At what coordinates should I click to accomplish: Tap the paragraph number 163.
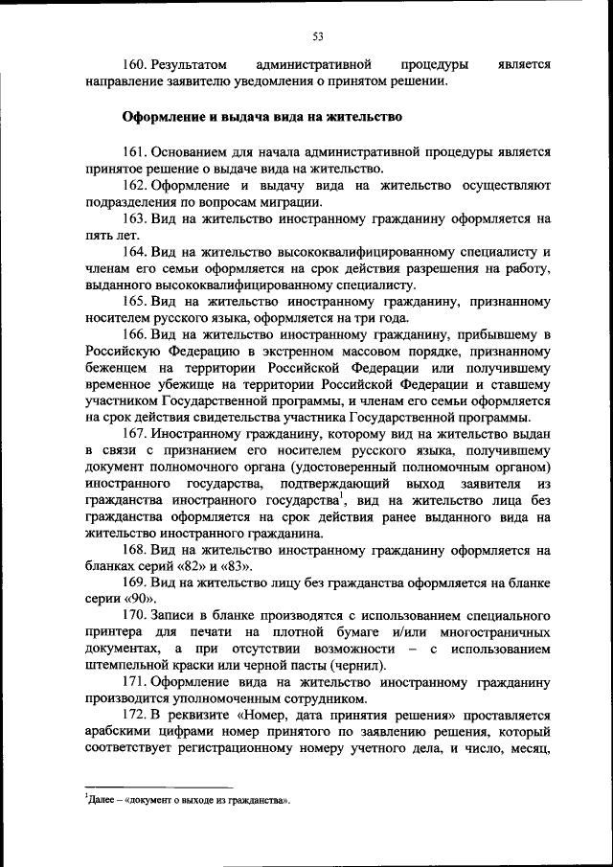139,218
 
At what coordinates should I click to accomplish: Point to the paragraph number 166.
139,334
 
